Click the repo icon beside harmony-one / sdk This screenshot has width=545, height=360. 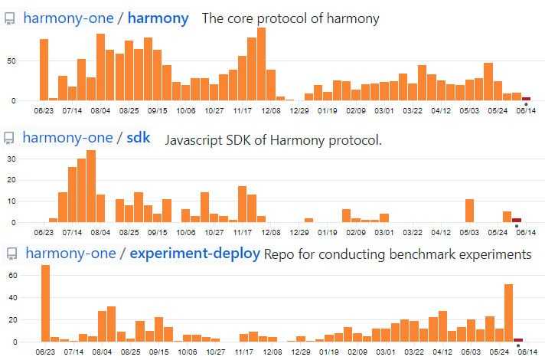click(9, 139)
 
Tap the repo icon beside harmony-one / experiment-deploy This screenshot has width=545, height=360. click(9, 254)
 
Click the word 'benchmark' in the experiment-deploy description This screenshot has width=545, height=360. click(419, 254)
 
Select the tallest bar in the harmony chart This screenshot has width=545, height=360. click(261, 64)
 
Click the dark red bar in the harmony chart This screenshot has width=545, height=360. click(526, 98)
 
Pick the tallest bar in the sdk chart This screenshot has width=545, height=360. click(91, 186)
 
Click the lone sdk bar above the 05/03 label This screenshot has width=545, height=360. click(469, 211)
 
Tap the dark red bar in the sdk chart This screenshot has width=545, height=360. click(517, 220)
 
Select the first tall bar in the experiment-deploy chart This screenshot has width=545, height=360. click(45, 303)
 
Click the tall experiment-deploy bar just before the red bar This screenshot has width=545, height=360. click(508, 313)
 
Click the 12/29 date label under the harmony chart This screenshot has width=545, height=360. click(299, 110)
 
